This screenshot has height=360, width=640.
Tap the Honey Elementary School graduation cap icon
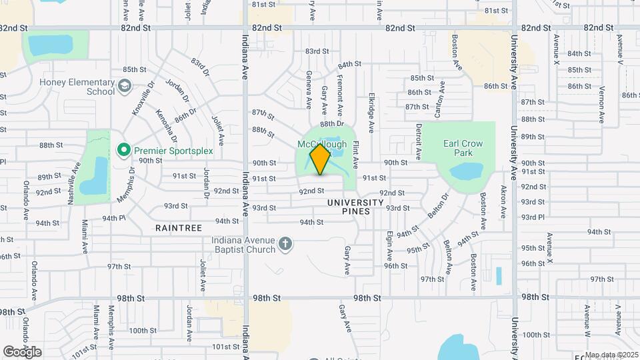[125, 86]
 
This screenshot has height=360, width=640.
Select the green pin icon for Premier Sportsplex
[123, 151]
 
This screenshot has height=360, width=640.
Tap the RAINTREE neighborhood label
[178, 228]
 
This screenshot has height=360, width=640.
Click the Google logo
[22, 351]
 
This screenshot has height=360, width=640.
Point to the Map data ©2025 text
[611, 355]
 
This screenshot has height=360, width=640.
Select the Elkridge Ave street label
[371, 107]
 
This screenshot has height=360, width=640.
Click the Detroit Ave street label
[419, 141]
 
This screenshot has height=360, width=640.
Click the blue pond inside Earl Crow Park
[466, 171]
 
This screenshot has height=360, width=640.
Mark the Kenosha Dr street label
[171, 125]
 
